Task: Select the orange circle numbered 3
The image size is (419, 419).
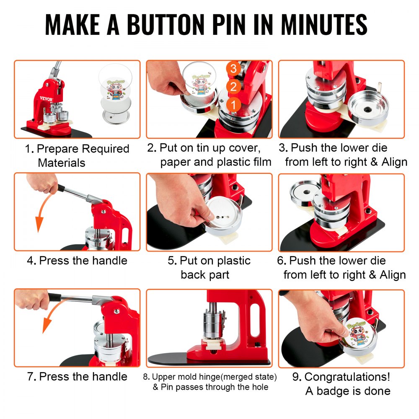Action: pyautogui.click(x=233, y=68)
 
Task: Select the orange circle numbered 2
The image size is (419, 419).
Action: pyautogui.click(x=233, y=86)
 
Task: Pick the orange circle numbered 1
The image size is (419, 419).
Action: pyautogui.click(x=233, y=103)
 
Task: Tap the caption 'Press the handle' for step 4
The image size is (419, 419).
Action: pyautogui.click(x=83, y=261)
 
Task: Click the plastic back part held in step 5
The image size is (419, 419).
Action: pyautogui.click(x=224, y=214)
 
